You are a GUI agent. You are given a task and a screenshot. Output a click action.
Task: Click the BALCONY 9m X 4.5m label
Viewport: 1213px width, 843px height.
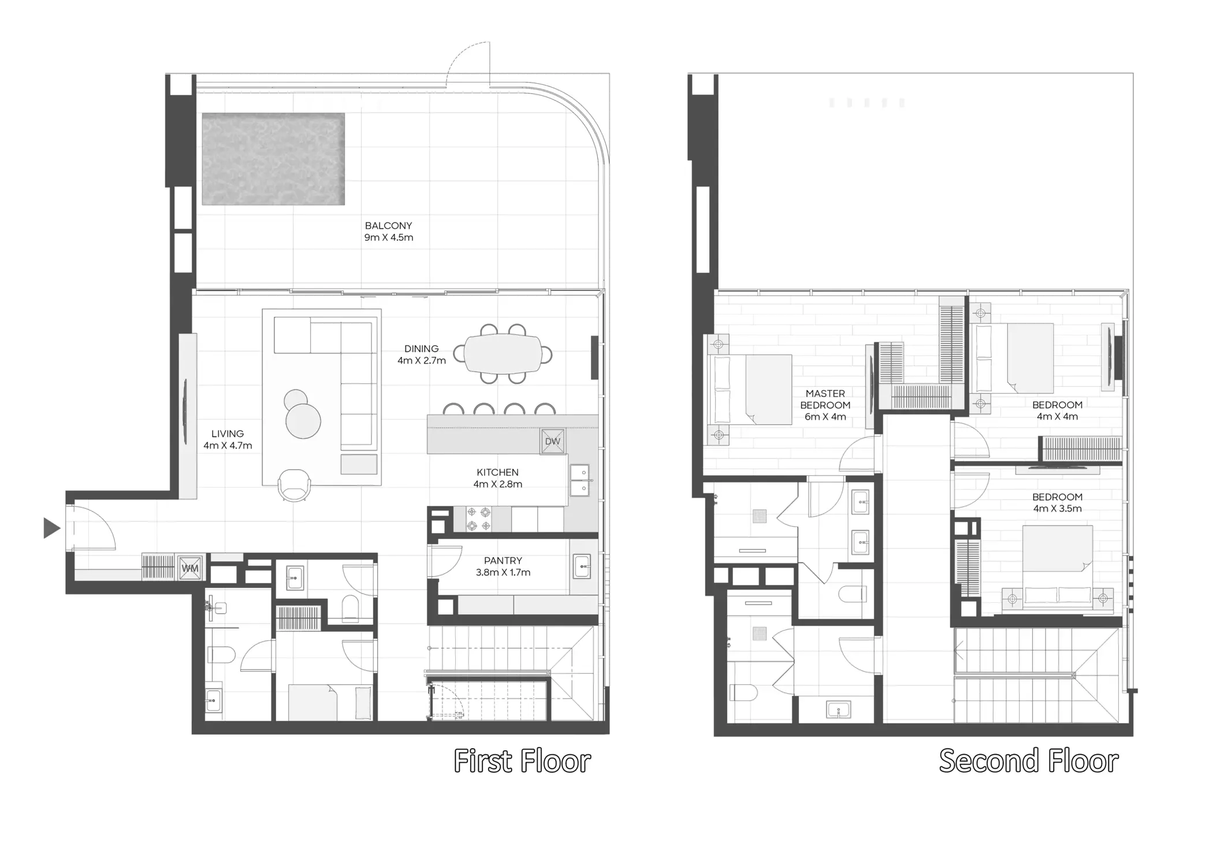coord(388,232)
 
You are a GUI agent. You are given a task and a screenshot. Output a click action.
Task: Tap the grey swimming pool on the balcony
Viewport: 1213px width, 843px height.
coord(273,159)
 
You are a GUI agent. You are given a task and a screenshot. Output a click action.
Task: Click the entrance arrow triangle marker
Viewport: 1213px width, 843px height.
coord(51,528)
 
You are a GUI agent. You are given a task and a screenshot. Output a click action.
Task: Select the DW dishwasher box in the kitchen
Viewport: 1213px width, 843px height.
coord(552,441)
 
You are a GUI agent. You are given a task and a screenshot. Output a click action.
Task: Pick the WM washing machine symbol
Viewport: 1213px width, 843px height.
coord(190,568)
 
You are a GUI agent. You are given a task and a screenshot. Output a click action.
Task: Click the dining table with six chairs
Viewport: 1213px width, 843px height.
coord(503,354)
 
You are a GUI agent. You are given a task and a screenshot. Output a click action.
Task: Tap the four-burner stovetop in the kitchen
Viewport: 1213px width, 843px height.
coord(479,519)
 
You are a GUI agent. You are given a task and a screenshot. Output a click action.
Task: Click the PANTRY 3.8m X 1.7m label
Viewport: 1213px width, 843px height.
coord(503,566)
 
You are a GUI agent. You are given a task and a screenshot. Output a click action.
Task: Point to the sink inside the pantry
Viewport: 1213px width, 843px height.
coord(582,566)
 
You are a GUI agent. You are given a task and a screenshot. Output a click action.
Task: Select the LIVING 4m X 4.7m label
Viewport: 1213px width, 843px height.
coord(228,439)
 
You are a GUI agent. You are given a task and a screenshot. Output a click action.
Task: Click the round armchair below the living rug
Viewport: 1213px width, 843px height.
coord(294,485)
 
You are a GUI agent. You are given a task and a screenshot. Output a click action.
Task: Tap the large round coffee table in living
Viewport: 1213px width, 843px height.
coord(303,421)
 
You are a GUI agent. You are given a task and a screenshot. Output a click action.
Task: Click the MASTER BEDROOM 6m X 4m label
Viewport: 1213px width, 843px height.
coord(825,405)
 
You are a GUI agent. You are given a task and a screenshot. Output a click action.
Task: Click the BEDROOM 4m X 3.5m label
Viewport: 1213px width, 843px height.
coord(1057,502)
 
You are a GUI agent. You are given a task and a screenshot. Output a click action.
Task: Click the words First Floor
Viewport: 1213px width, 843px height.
coord(522,761)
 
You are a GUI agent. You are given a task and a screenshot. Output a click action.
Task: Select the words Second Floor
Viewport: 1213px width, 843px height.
coord(1029,761)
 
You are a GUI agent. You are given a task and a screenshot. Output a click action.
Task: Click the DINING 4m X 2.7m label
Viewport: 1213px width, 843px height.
coord(421,355)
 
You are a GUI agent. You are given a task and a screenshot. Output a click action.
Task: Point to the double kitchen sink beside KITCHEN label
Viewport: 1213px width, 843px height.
coord(579,480)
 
